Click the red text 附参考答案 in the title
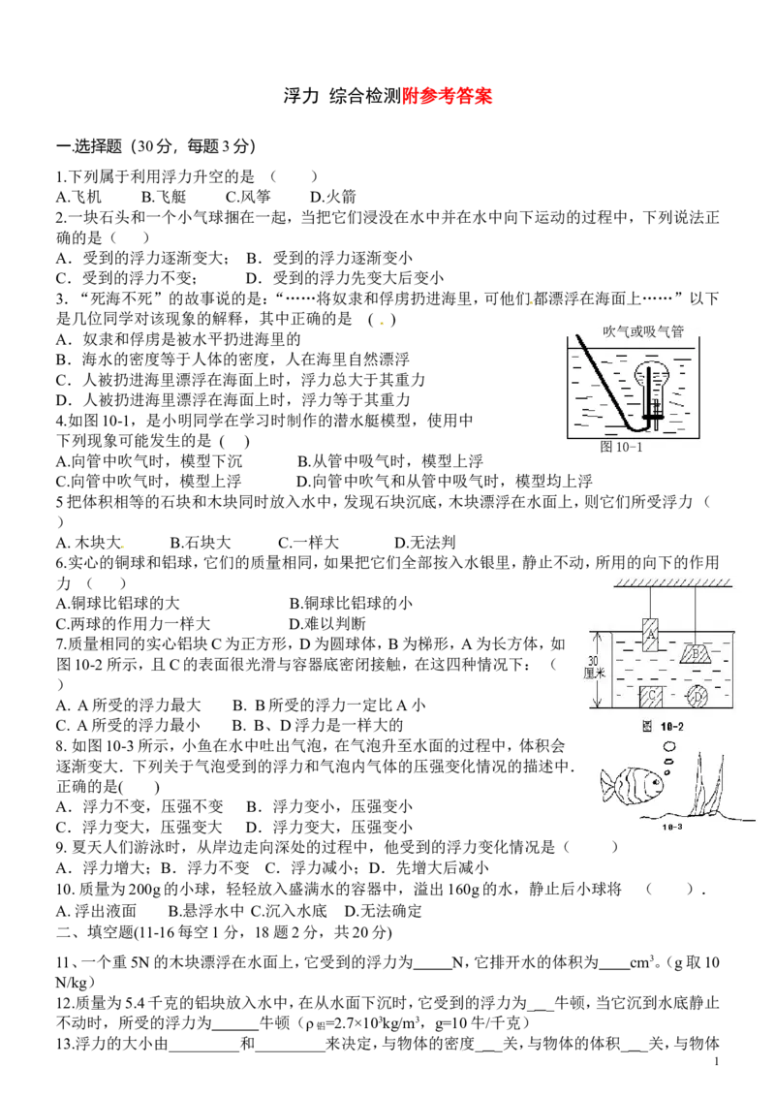pos(447,96)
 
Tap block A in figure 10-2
pos(650,634)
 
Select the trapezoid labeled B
pos(697,653)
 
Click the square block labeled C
pos(650,696)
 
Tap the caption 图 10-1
pos(621,447)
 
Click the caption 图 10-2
pos(663,726)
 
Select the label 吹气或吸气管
pos(643,330)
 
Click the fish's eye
pos(653,777)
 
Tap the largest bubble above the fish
pos(670,746)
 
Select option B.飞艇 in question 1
pos(164,197)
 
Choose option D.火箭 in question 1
pos(333,197)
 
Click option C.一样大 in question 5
pos(308,543)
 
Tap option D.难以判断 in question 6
pos(327,623)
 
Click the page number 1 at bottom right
pos(717,1062)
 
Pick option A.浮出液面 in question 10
pos(96,911)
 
